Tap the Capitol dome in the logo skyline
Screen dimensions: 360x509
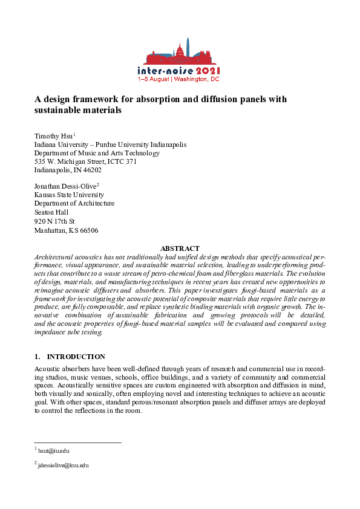pos(180,50)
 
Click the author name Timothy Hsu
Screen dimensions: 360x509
pos(53,136)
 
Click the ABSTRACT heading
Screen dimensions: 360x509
pos(180,248)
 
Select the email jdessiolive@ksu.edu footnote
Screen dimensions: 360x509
pos(63,465)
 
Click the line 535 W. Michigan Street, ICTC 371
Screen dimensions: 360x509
pos(85,161)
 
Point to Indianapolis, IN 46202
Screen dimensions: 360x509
pos(67,170)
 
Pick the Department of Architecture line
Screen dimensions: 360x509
pos(74,204)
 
